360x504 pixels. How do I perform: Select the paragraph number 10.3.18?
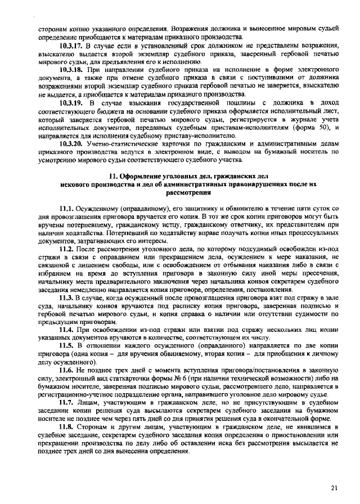pos(70,68)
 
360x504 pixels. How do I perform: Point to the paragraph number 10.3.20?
pos(70,144)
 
